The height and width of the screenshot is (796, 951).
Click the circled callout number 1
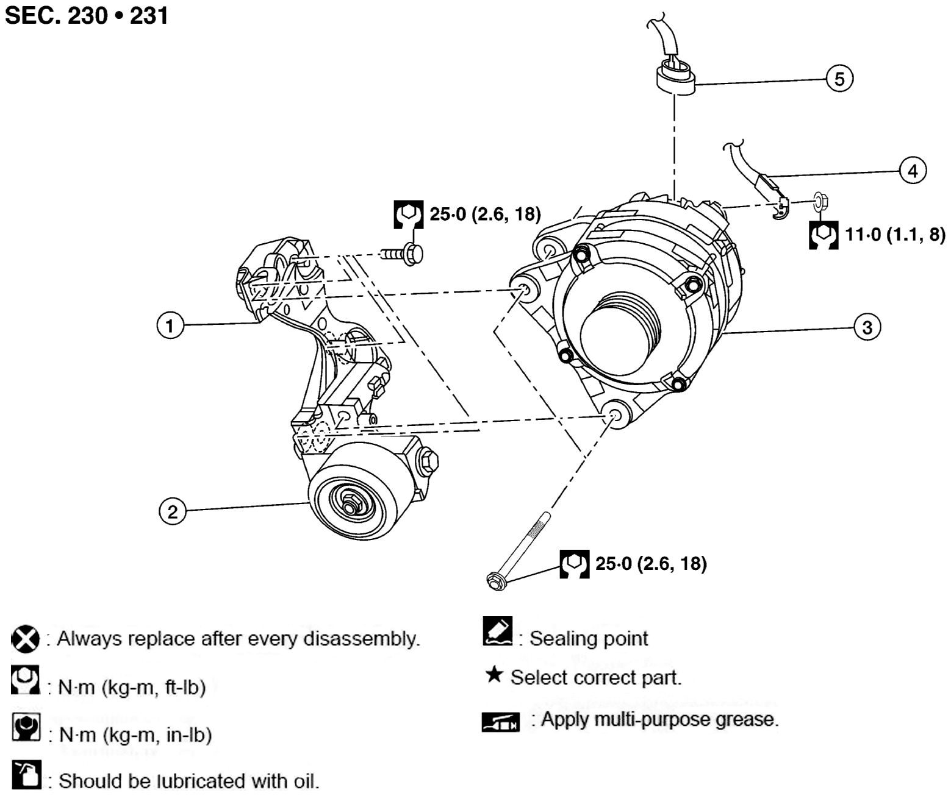[170, 325]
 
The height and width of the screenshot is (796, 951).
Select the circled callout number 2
[172, 511]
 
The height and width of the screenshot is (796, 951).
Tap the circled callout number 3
[867, 328]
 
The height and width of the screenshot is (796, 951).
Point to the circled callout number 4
[913, 171]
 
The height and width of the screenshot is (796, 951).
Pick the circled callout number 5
[839, 79]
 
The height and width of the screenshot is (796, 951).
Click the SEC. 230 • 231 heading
[87, 16]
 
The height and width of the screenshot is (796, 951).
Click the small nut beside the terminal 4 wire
[821, 200]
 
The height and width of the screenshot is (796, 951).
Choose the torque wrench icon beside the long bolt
[574, 564]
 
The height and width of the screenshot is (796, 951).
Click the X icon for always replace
[25, 639]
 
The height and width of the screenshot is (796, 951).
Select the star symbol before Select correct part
[494, 675]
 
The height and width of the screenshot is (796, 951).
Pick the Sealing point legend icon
[497, 631]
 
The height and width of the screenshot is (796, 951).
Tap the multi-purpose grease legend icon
[500, 722]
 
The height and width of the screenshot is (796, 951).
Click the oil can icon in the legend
[26, 775]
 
